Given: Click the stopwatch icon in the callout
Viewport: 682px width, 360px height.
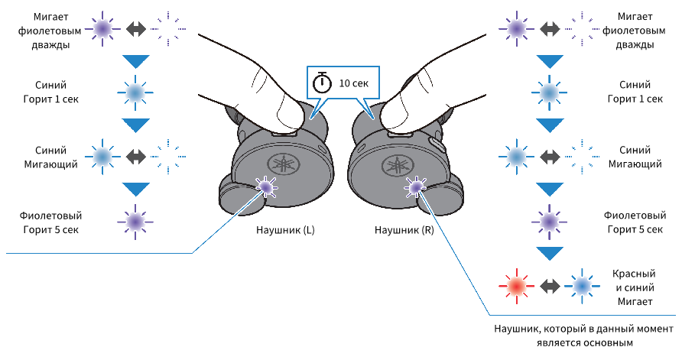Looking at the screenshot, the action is pyautogui.click(x=323, y=83).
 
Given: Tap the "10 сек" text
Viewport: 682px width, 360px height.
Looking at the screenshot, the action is pyautogui.click(x=353, y=83).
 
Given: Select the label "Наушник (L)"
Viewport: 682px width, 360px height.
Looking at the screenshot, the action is pyautogui.click(x=285, y=230).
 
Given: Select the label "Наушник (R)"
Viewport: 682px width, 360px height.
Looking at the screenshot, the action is pyautogui.click(x=404, y=230).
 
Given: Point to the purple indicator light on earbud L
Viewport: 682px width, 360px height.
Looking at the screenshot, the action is pyautogui.click(x=265, y=187).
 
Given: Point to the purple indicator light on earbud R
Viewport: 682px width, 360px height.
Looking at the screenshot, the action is pyautogui.click(x=415, y=187).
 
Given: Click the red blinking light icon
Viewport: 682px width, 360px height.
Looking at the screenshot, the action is pyautogui.click(x=516, y=286).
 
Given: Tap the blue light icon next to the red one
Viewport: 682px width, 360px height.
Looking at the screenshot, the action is pyautogui.click(x=582, y=286).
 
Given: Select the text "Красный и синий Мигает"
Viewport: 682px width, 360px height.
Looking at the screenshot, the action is pyautogui.click(x=634, y=287).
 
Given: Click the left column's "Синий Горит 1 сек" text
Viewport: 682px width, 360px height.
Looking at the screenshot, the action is pyautogui.click(x=50, y=92).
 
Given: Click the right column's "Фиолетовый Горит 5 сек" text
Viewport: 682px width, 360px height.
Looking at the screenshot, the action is pyautogui.click(x=635, y=222).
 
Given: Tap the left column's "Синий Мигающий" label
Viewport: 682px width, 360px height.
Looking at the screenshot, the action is pyautogui.click(x=50, y=157).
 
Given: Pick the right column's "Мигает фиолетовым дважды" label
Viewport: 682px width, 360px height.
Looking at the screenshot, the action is pyautogui.click(x=634, y=31).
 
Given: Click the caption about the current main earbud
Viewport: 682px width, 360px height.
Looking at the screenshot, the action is pyautogui.click(x=583, y=336).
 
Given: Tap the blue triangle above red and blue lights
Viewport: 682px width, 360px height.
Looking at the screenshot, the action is pyautogui.click(x=549, y=254).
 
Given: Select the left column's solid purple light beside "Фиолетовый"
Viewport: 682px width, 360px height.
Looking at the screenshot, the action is pyautogui.click(x=135, y=222).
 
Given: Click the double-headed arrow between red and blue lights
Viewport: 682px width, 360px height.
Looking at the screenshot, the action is pyautogui.click(x=549, y=286).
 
